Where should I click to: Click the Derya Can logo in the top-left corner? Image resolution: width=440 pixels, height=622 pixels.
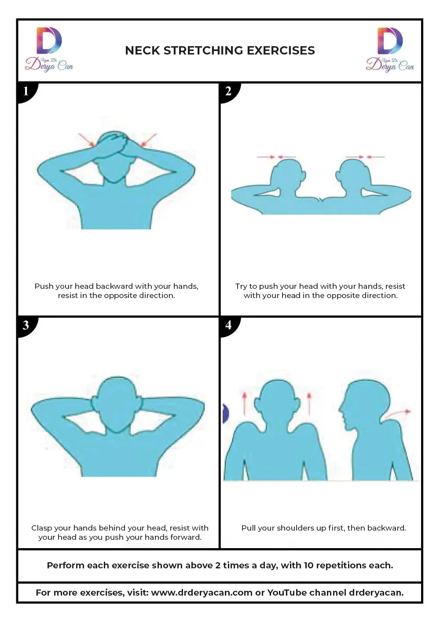click(49, 49)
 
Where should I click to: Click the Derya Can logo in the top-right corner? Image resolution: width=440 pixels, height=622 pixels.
click(390, 49)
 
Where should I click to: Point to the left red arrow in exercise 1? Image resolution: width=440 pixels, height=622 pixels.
click(86, 140)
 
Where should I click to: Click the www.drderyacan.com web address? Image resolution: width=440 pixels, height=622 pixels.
click(202, 593)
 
